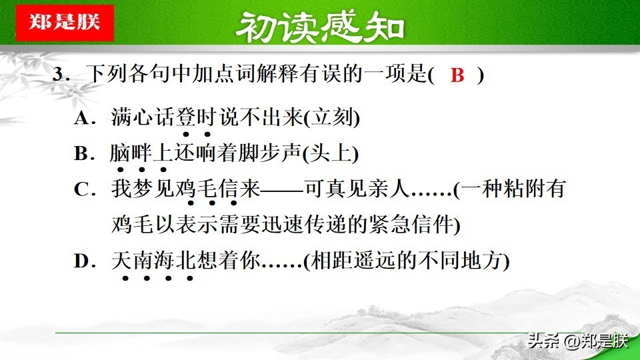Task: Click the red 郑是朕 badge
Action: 65,23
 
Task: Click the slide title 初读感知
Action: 320,27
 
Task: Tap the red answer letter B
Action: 457,75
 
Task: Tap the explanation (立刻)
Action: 332,118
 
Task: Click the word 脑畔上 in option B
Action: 141,153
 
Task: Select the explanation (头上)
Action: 331,154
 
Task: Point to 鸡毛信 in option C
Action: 207,189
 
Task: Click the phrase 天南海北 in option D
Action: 153,261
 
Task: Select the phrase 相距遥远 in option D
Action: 353,261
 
